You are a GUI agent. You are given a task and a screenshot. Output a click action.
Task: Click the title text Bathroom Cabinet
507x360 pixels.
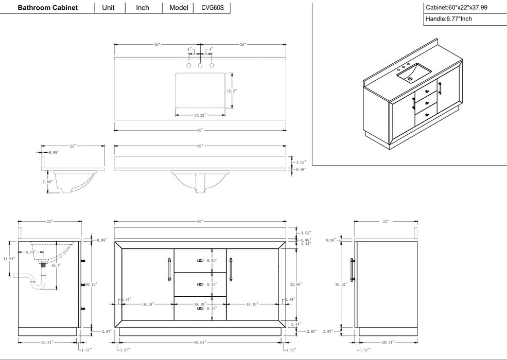(x=48, y=8)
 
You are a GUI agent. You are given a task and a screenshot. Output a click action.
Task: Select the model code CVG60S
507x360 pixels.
(x=212, y=8)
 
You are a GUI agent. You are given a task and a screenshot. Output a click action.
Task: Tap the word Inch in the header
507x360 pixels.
(x=143, y=8)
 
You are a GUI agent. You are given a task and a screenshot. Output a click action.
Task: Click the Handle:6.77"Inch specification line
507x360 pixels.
(x=449, y=19)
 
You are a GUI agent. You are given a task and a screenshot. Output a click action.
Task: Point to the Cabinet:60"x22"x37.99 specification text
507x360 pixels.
(x=457, y=8)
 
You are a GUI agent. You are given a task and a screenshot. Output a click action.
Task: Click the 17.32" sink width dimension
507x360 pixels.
(x=201, y=115)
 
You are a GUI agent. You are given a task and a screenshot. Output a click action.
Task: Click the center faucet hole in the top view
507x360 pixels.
(x=200, y=66)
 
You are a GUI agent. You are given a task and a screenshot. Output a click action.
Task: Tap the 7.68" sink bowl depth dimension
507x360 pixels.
(x=47, y=182)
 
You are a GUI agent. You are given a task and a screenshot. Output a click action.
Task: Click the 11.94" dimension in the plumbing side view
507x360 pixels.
(x=9, y=259)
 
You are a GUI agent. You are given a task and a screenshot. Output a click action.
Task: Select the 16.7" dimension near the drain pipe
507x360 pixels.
(x=56, y=266)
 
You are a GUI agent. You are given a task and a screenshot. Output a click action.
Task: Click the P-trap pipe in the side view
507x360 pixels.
(x=34, y=281)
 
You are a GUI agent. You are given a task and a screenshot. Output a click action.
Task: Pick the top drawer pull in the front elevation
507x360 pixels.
(x=200, y=261)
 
